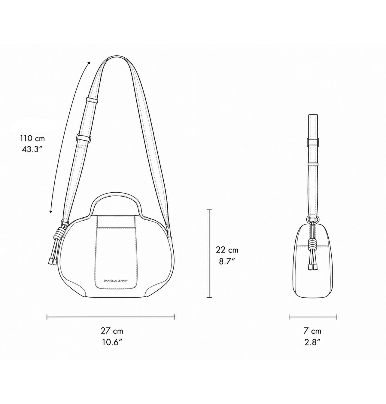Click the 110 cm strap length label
tap(32, 138)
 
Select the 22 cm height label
tap(227, 250)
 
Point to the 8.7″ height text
tap(227, 261)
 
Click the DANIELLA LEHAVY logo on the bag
tap(116, 281)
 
